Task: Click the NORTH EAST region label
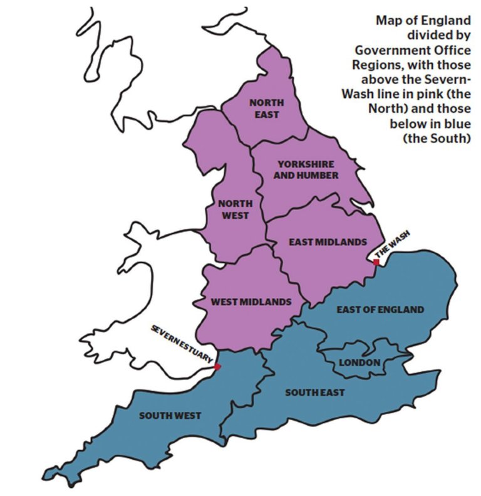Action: pos(266,108)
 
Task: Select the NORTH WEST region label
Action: pos(235,209)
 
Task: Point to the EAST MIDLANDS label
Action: pos(327,241)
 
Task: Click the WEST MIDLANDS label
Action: pos(251,302)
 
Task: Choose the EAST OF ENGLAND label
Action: pos(380,309)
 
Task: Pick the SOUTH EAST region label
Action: pos(315,393)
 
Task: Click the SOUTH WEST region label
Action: pos(170,415)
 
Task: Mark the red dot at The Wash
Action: pos(375,262)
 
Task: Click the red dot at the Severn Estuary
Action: pos(217,366)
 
